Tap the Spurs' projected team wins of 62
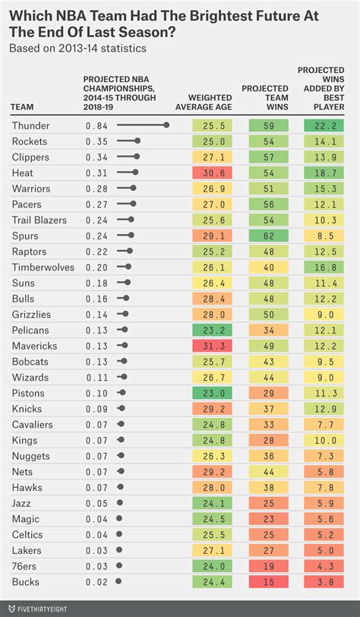point(268,236)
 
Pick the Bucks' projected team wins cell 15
point(268,581)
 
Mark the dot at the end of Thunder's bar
point(167,125)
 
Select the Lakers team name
point(27,550)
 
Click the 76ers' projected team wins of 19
point(268,566)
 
